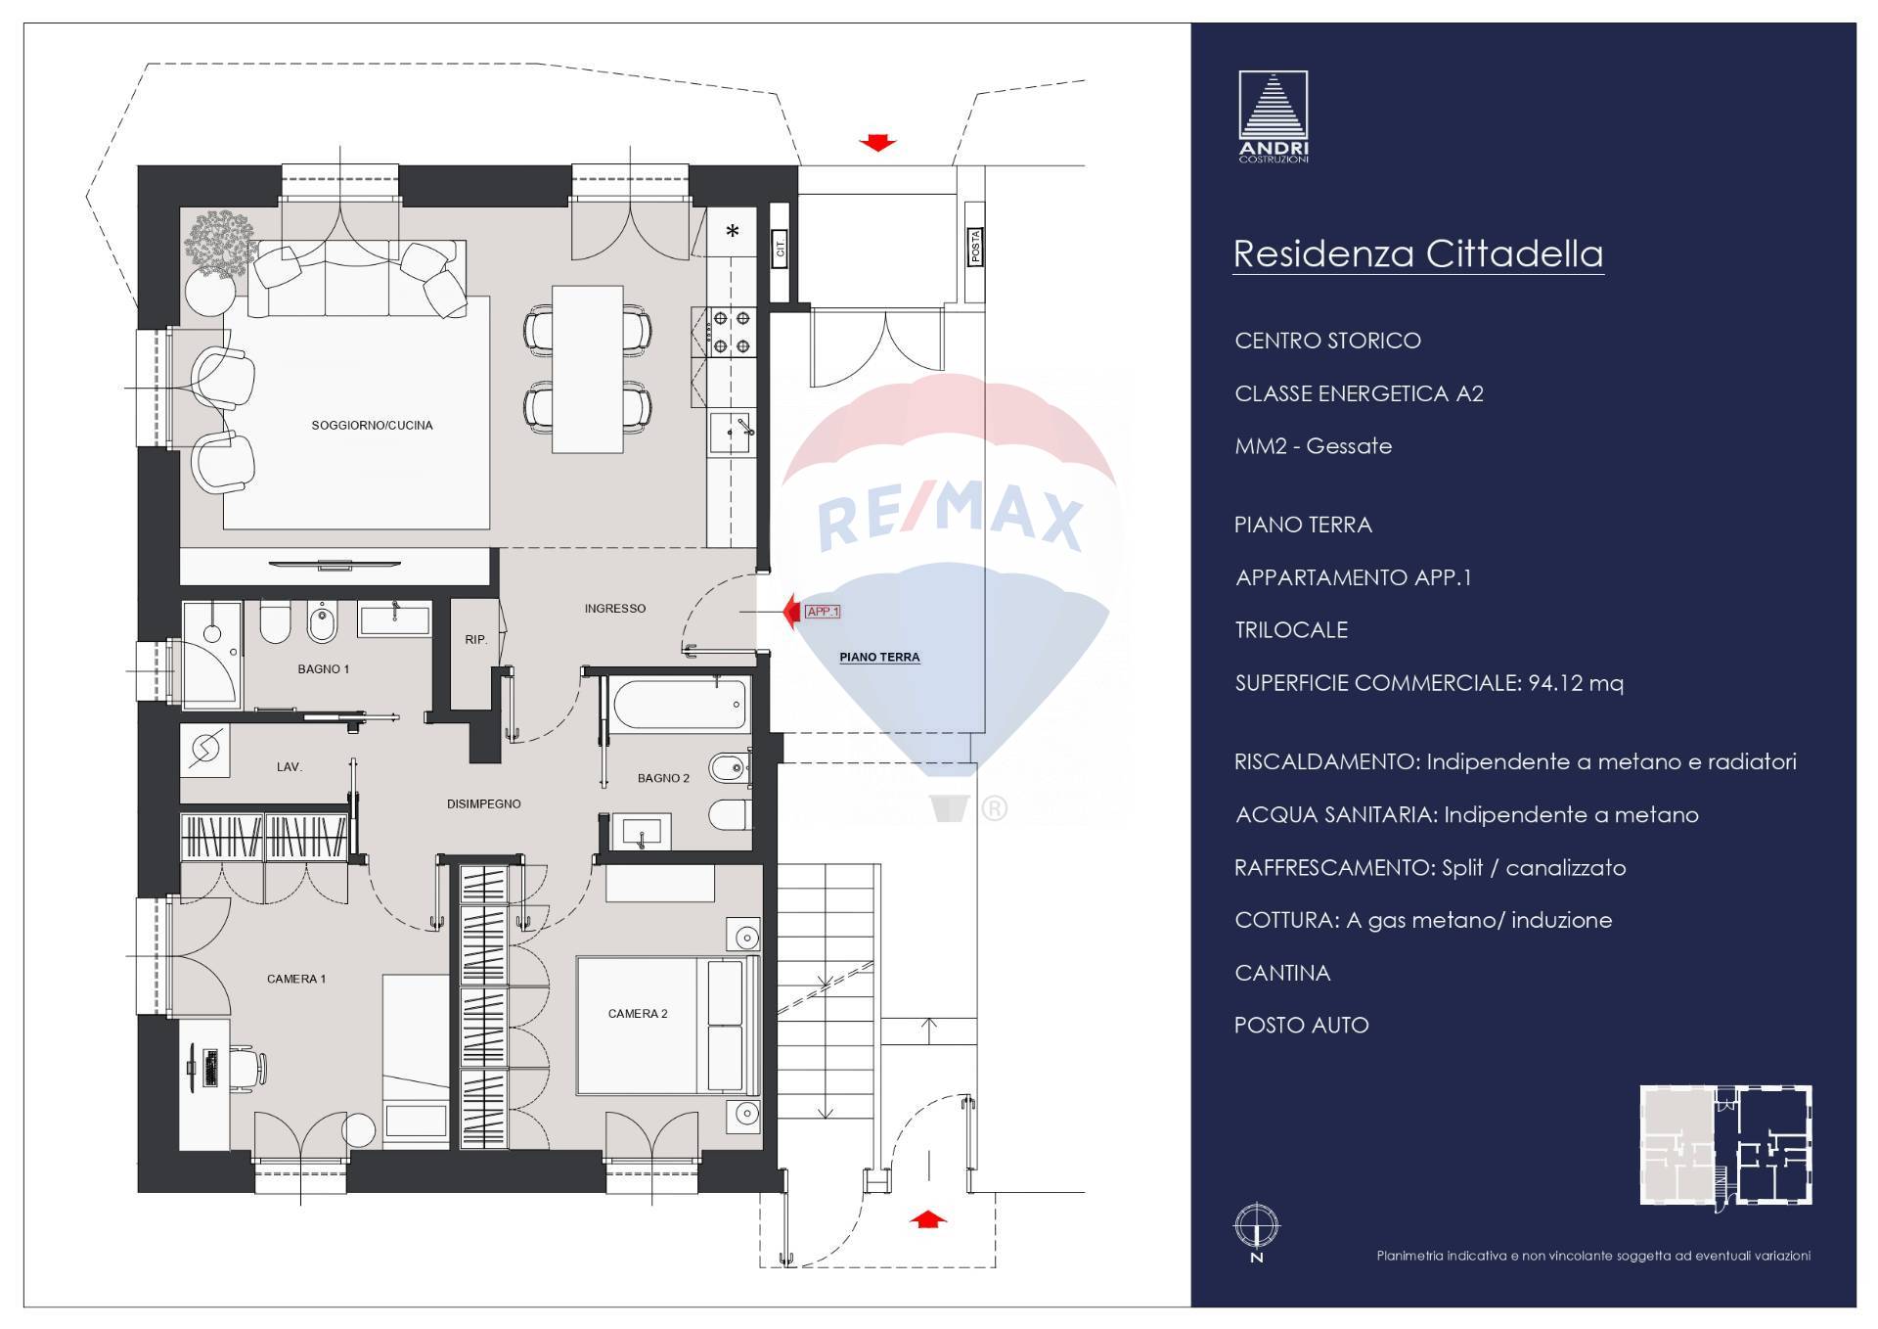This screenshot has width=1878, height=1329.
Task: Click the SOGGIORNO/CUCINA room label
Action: pos(372,426)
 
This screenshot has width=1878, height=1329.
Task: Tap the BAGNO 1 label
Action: pos(324,669)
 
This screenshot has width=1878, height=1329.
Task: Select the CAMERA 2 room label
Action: pos(638,1014)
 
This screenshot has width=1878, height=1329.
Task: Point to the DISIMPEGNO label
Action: pos(484,804)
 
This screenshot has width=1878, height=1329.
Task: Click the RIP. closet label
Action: pos(476,640)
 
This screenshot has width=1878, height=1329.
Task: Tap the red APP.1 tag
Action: pos(823,612)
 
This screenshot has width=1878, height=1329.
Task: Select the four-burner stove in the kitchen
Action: pos(731,331)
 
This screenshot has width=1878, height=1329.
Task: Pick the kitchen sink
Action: pos(731,434)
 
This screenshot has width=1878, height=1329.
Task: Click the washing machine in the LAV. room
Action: pos(205,750)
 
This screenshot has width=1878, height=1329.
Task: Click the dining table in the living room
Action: pos(587,369)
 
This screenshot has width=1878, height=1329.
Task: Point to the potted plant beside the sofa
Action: pos(217,242)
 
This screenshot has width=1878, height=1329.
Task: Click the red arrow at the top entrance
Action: pos(877,143)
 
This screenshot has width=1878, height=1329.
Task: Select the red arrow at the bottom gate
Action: pos(928,1219)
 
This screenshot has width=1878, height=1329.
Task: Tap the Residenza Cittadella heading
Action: pos(1418,253)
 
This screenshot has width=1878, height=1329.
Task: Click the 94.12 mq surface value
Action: pos(1576,683)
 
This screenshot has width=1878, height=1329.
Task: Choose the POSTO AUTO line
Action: pos(1302,1026)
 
